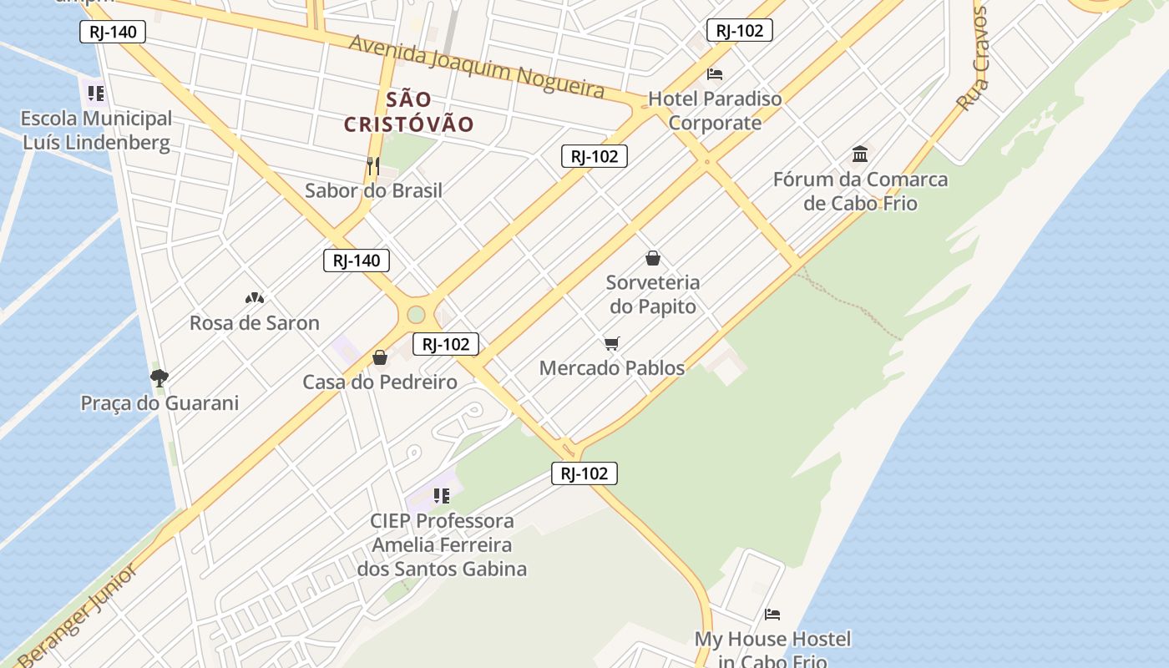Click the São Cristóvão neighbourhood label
(x=409, y=112)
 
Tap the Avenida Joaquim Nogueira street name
(x=476, y=65)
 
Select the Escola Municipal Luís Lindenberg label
(x=97, y=130)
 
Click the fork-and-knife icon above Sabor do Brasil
(x=373, y=165)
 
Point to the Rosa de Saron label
(x=255, y=323)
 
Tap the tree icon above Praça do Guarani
(x=159, y=377)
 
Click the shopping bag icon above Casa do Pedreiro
(x=380, y=357)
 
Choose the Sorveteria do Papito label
(x=653, y=295)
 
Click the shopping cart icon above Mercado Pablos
(x=612, y=343)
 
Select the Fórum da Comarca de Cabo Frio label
(x=860, y=191)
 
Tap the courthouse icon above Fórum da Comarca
(x=860, y=154)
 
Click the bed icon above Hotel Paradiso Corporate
(x=715, y=74)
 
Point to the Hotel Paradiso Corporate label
(x=715, y=110)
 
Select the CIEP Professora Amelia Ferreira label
(x=442, y=544)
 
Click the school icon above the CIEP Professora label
(x=442, y=497)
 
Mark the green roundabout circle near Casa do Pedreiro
(x=416, y=315)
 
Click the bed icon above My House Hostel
(x=772, y=615)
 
